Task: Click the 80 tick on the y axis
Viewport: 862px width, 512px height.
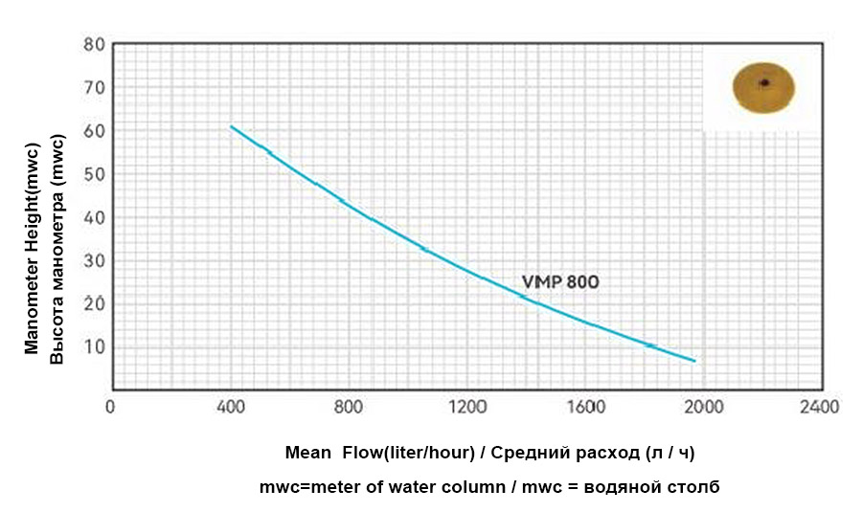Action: [x=94, y=44]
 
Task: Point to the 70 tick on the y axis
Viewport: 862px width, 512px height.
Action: [x=94, y=87]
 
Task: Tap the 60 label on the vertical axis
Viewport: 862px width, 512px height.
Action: [x=94, y=130]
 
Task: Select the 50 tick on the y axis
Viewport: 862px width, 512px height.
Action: [x=94, y=174]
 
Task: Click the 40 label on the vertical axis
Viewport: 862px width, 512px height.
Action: [x=94, y=217]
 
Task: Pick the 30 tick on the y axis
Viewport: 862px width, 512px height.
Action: [x=94, y=260]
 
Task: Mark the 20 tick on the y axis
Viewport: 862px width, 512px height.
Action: [x=94, y=303]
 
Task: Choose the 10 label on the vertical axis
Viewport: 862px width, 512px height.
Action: [x=94, y=346]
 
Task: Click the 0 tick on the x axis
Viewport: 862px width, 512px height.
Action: [x=111, y=407]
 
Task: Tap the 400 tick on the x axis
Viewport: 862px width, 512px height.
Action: [x=230, y=407]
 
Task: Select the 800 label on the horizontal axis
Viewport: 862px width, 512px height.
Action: [x=349, y=407]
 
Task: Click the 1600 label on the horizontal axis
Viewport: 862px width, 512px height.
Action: [x=586, y=407]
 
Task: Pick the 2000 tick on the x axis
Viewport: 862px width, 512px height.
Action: [x=705, y=407]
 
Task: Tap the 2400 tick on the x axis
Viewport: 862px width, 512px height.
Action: [x=821, y=407]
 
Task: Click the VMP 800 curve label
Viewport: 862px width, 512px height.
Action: [x=560, y=281]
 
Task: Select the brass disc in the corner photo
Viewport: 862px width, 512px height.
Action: [x=763, y=86]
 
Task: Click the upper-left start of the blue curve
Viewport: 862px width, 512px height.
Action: [x=231, y=126]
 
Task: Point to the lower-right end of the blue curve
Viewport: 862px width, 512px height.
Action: [x=694, y=361]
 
